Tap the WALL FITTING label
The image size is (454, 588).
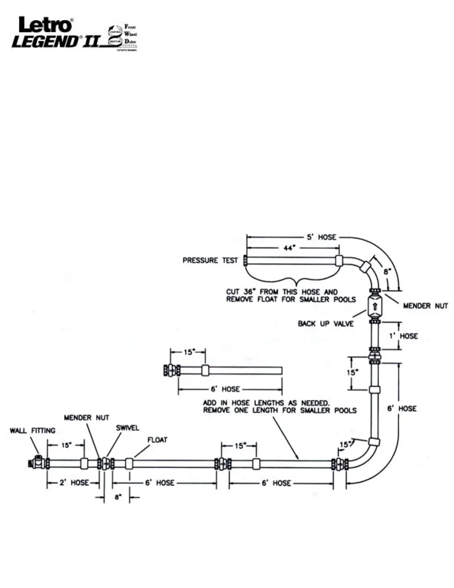point(33,431)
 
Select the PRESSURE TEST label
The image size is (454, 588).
point(210,260)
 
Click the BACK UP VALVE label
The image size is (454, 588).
point(326,324)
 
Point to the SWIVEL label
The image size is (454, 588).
point(128,428)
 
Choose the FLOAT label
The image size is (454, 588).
point(157,440)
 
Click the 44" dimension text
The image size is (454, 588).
point(289,248)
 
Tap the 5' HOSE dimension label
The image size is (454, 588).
point(321,237)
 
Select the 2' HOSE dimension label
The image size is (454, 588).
point(74,483)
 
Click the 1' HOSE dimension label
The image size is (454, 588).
point(403,336)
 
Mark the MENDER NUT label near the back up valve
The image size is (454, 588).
point(425,306)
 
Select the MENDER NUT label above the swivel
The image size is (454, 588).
point(86,418)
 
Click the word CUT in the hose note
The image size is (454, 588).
point(233,292)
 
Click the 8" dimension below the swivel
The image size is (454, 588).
point(118,497)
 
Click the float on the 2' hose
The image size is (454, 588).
point(85,463)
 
